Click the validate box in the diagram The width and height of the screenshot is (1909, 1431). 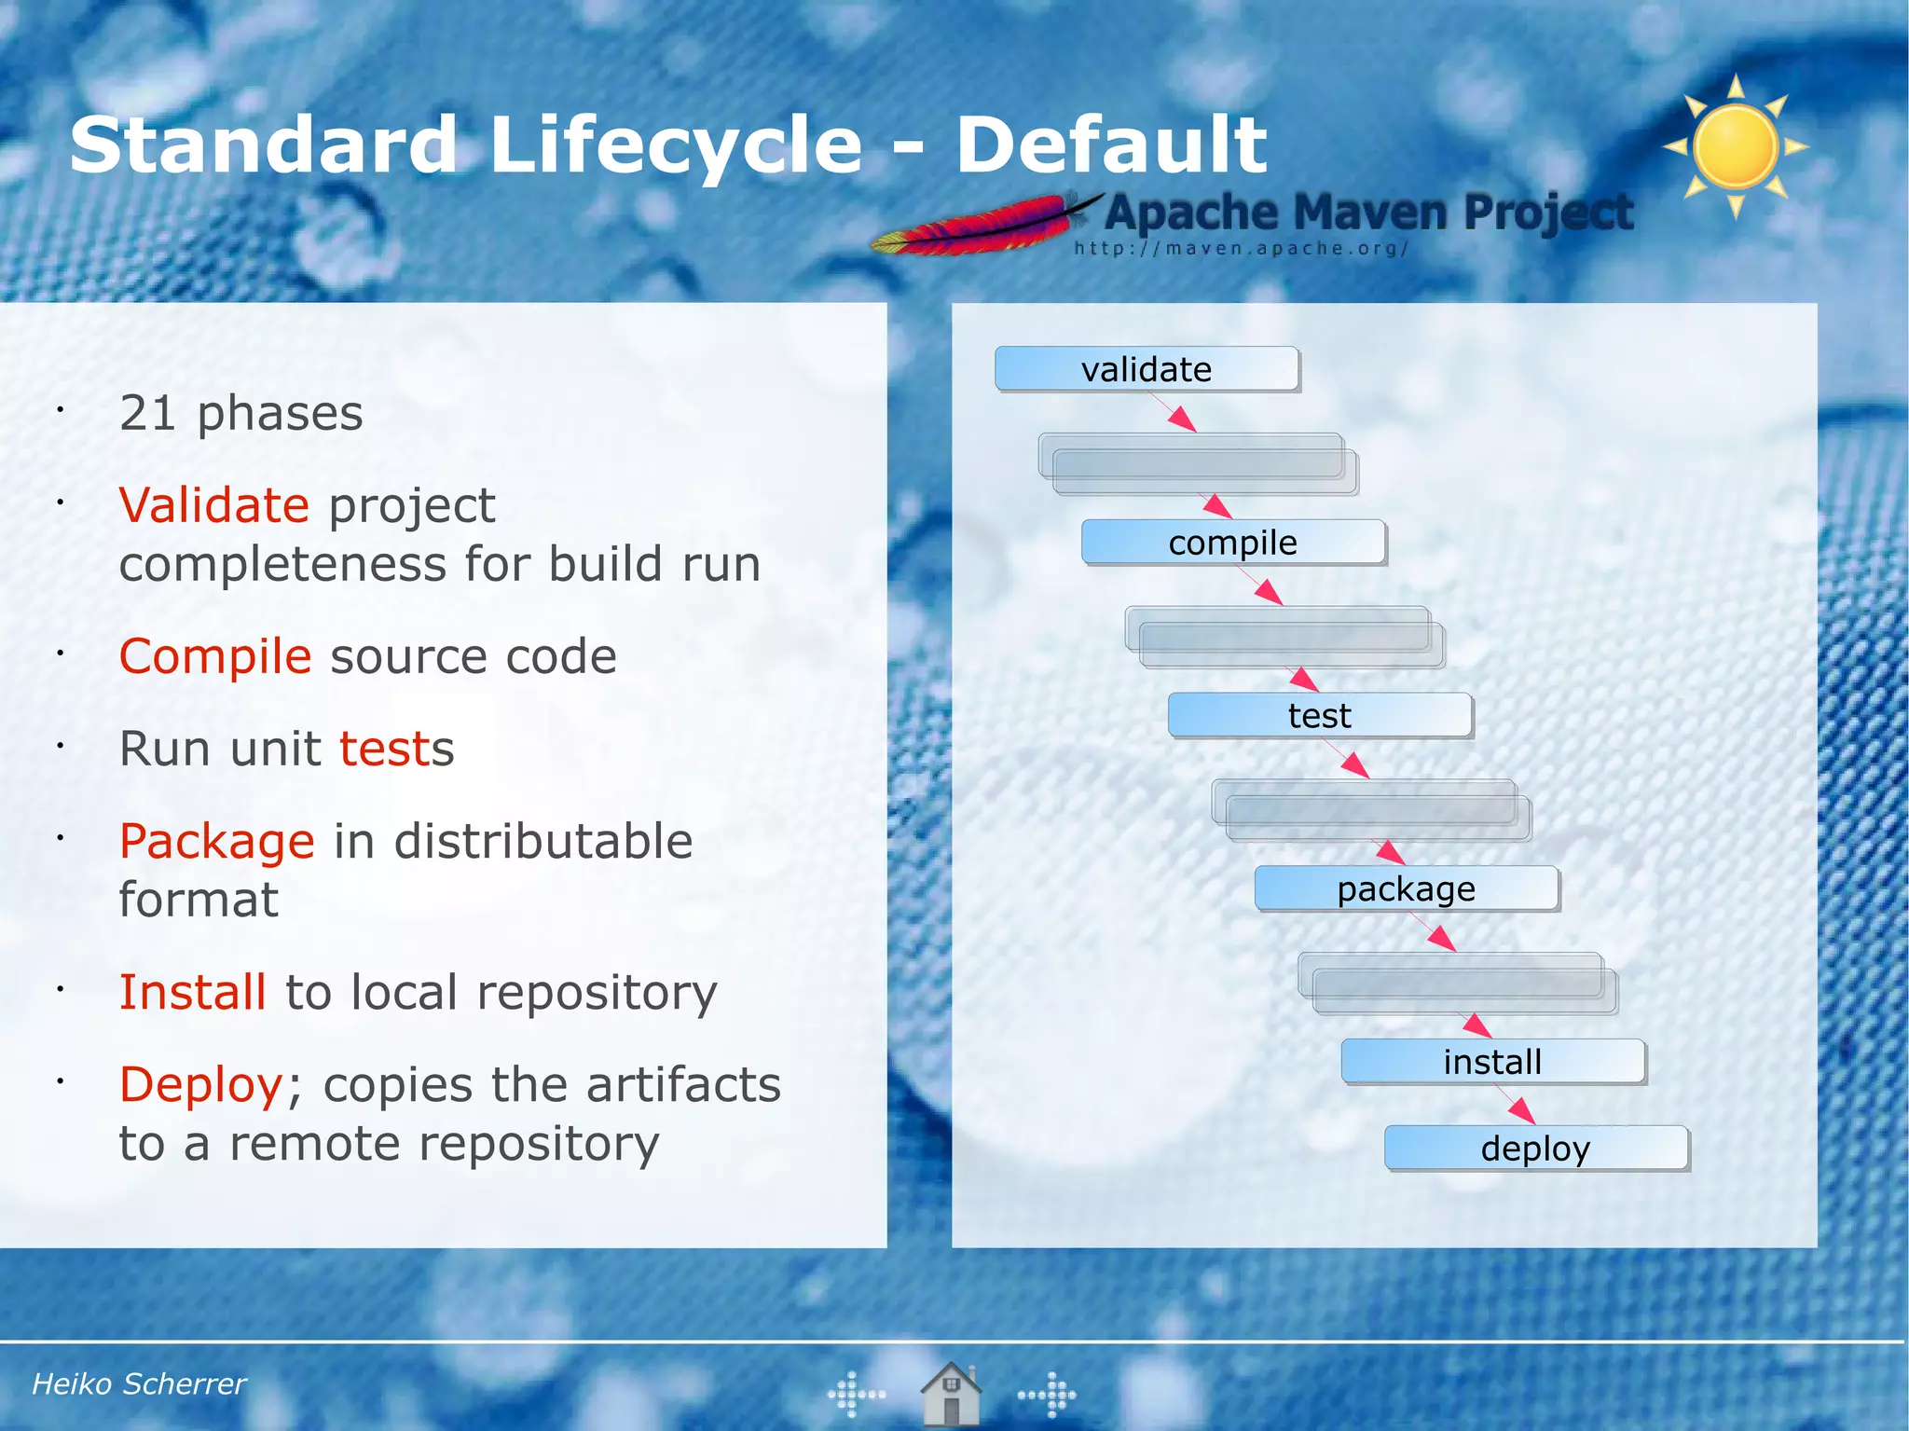click(1147, 369)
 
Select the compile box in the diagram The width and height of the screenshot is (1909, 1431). click(1232, 543)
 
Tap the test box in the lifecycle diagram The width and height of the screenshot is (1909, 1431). click(1319, 716)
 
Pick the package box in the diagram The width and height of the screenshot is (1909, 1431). click(1406, 888)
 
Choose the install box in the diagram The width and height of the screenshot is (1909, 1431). click(1492, 1062)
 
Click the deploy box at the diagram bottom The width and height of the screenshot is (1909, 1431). click(1535, 1149)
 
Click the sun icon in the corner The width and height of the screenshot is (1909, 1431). click(1736, 146)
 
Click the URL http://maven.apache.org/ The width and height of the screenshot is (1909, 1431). click(1241, 249)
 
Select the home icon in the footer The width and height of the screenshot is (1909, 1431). click(951, 1393)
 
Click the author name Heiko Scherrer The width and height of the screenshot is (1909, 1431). click(139, 1383)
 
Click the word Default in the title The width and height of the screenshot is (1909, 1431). click(1111, 145)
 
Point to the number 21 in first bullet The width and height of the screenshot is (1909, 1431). click(147, 413)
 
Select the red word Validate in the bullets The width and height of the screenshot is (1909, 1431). click(213, 505)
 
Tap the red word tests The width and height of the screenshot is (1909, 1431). click(396, 749)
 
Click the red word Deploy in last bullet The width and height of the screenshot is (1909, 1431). click(201, 1084)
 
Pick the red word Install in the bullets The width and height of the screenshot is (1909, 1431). click(193, 992)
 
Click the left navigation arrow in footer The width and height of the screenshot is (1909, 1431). click(856, 1395)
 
